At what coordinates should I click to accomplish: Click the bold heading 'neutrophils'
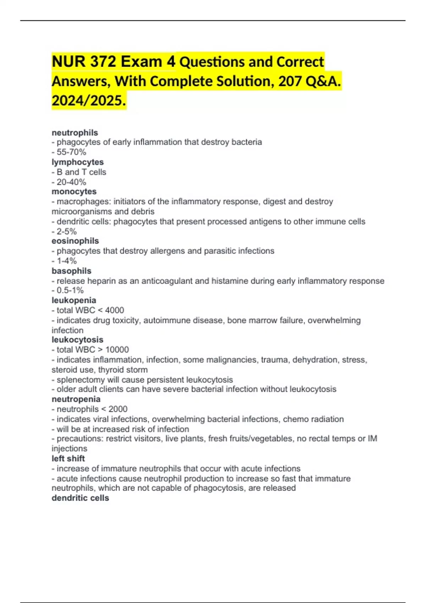75,133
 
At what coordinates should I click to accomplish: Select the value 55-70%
71,152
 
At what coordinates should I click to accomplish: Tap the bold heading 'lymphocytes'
78,162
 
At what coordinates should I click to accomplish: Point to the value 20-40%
71,182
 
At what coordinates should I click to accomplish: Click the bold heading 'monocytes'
74,192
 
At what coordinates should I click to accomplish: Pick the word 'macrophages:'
84,201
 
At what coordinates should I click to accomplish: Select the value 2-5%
67,231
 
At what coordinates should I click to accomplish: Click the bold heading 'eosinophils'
75,241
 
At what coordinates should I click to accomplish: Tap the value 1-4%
67,261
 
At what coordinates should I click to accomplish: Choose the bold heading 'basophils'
71,271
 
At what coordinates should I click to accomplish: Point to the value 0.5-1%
70,290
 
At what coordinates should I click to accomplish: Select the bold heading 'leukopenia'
74,300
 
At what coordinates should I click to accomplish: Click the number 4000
115,310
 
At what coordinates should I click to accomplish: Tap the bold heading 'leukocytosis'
77,339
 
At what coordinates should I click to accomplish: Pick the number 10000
117,350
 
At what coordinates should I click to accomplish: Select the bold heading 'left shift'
68,458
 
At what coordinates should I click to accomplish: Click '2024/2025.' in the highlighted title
89,101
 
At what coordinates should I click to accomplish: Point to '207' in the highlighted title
289,81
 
